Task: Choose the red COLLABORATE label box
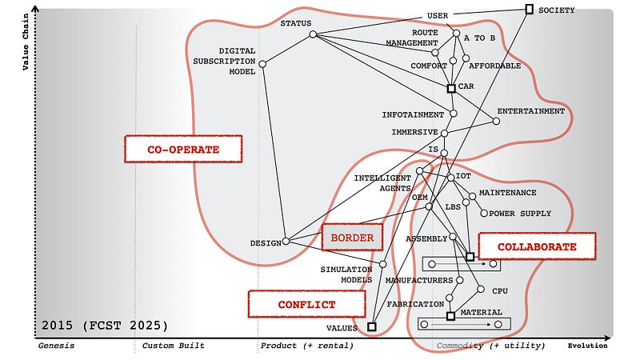[x=537, y=246]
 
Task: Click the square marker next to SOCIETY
[x=529, y=9]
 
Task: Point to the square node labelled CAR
[x=451, y=88]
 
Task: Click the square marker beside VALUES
[x=371, y=326]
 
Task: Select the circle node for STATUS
[x=313, y=34]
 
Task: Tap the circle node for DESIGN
[x=286, y=240]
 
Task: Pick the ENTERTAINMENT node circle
[x=496, y=122]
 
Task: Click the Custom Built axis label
[x=174, y=346]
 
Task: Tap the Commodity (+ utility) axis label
[x=490, y=346]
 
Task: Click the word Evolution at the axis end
[x=587, y=346]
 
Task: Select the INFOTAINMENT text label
[x=413, y=114]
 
